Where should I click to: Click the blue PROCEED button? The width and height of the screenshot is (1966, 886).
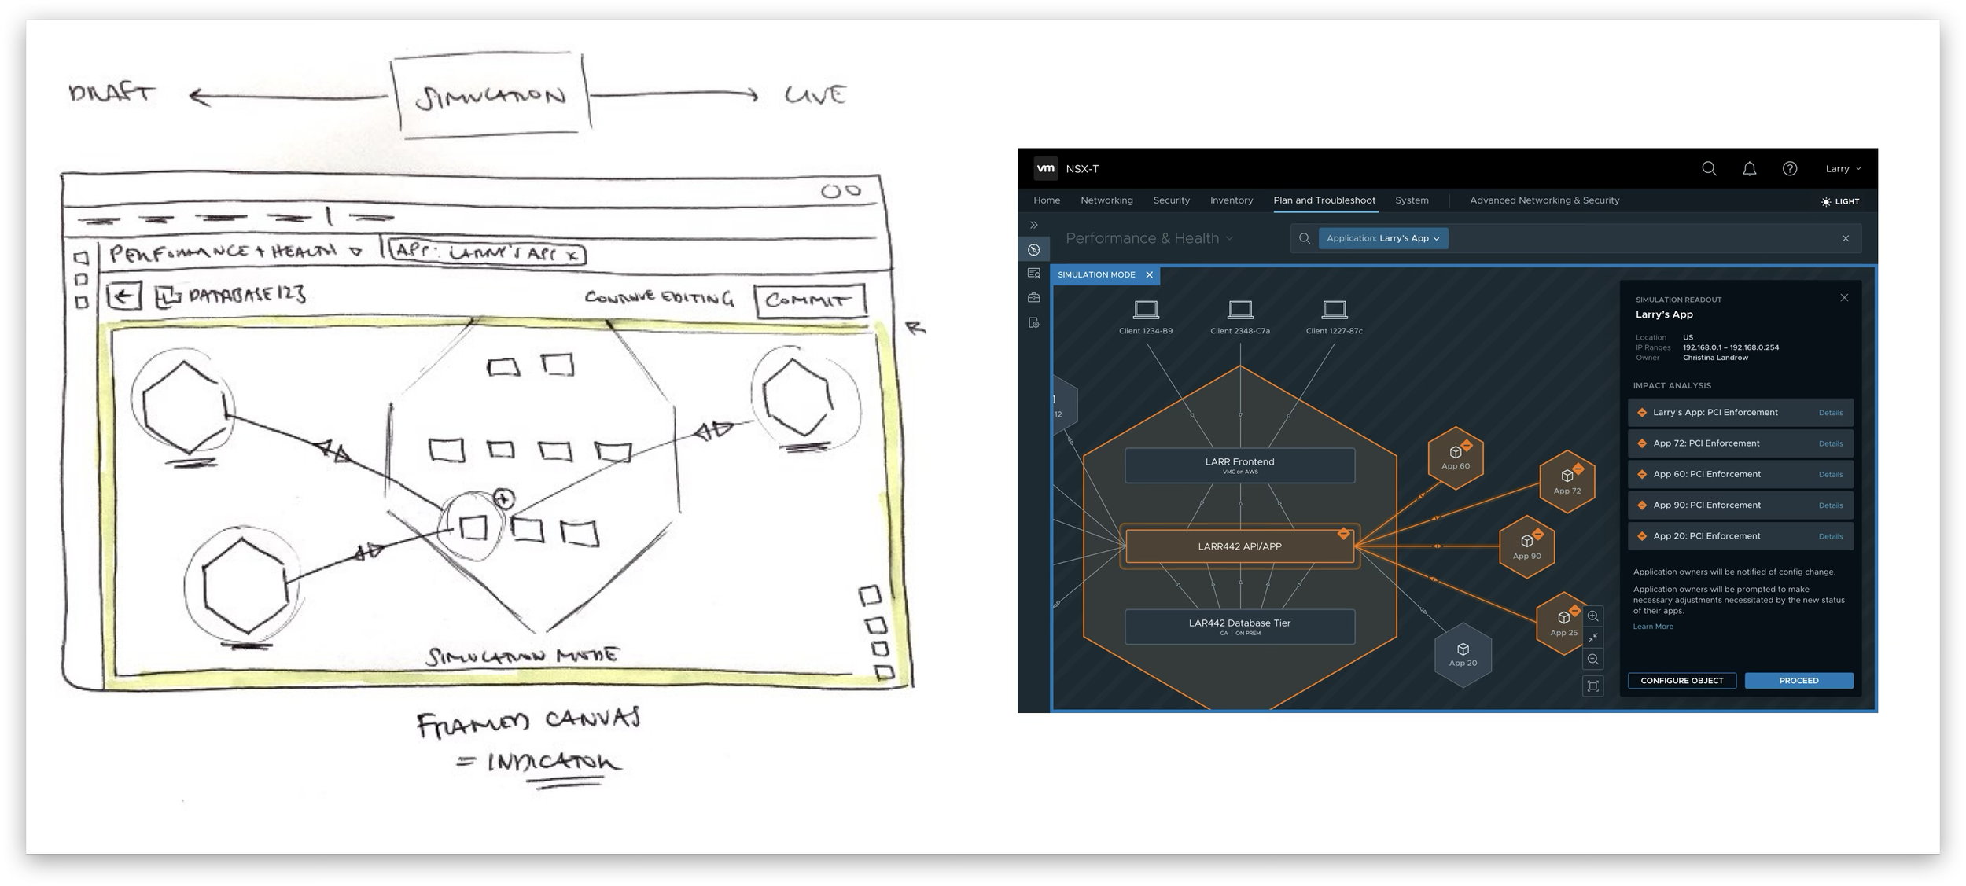point(1798,681)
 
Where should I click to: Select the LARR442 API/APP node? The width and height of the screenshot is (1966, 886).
point(1239,546)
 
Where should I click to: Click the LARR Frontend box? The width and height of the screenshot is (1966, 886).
point(1239,465)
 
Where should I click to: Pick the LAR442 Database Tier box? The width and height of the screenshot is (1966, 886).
point(1239,627)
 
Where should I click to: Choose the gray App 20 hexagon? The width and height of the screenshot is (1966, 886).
point(1463,655)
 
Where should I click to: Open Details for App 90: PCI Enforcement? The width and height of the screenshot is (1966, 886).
point(1830,505)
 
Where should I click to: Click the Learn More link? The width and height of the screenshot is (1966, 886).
point(1653,627)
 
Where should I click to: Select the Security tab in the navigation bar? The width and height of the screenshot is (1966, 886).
point(1171,200)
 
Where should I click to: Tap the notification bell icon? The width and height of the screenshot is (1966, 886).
point(1749,169)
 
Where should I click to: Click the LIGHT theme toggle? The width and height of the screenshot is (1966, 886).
point(1840,201)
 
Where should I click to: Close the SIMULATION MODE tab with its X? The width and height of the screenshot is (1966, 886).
point(1149,275)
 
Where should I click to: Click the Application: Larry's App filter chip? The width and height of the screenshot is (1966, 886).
point(1382,238)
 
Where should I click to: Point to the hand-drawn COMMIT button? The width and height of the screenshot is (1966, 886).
point(809,300)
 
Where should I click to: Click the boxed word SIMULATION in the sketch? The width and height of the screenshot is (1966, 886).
point(491,96)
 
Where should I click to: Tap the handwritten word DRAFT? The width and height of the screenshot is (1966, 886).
point(112,94)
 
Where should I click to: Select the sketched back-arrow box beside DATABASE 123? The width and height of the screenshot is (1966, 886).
point(124,296)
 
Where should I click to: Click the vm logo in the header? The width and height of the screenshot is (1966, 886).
point(1045,168)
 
